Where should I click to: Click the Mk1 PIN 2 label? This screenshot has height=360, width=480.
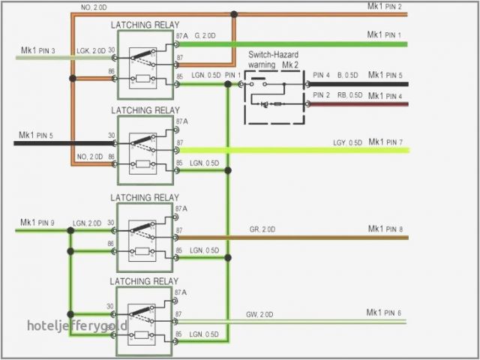(x=384, y=7)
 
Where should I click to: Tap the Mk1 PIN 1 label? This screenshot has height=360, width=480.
(x=384, y=34)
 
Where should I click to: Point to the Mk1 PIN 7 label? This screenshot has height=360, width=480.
(x=385, y=142)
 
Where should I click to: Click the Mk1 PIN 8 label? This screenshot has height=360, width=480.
(x=385, y=229)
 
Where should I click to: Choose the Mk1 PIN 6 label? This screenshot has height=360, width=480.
(x=384, y=312)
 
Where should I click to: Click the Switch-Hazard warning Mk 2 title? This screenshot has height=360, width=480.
(x=275, y=60)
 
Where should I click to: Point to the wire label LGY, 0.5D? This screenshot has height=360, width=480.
(x=349, y=142)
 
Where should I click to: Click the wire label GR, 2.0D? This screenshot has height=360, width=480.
(x=262, y=229)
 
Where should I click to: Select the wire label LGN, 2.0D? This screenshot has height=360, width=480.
(x=87, y=223)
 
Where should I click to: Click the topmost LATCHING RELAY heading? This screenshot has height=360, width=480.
(x=145, y=25)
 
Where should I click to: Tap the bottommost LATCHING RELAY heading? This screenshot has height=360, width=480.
(x=145, y=280)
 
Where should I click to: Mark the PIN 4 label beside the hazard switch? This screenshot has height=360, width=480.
(x=321, y=75)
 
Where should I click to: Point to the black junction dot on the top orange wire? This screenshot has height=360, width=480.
(x=234, y=13)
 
